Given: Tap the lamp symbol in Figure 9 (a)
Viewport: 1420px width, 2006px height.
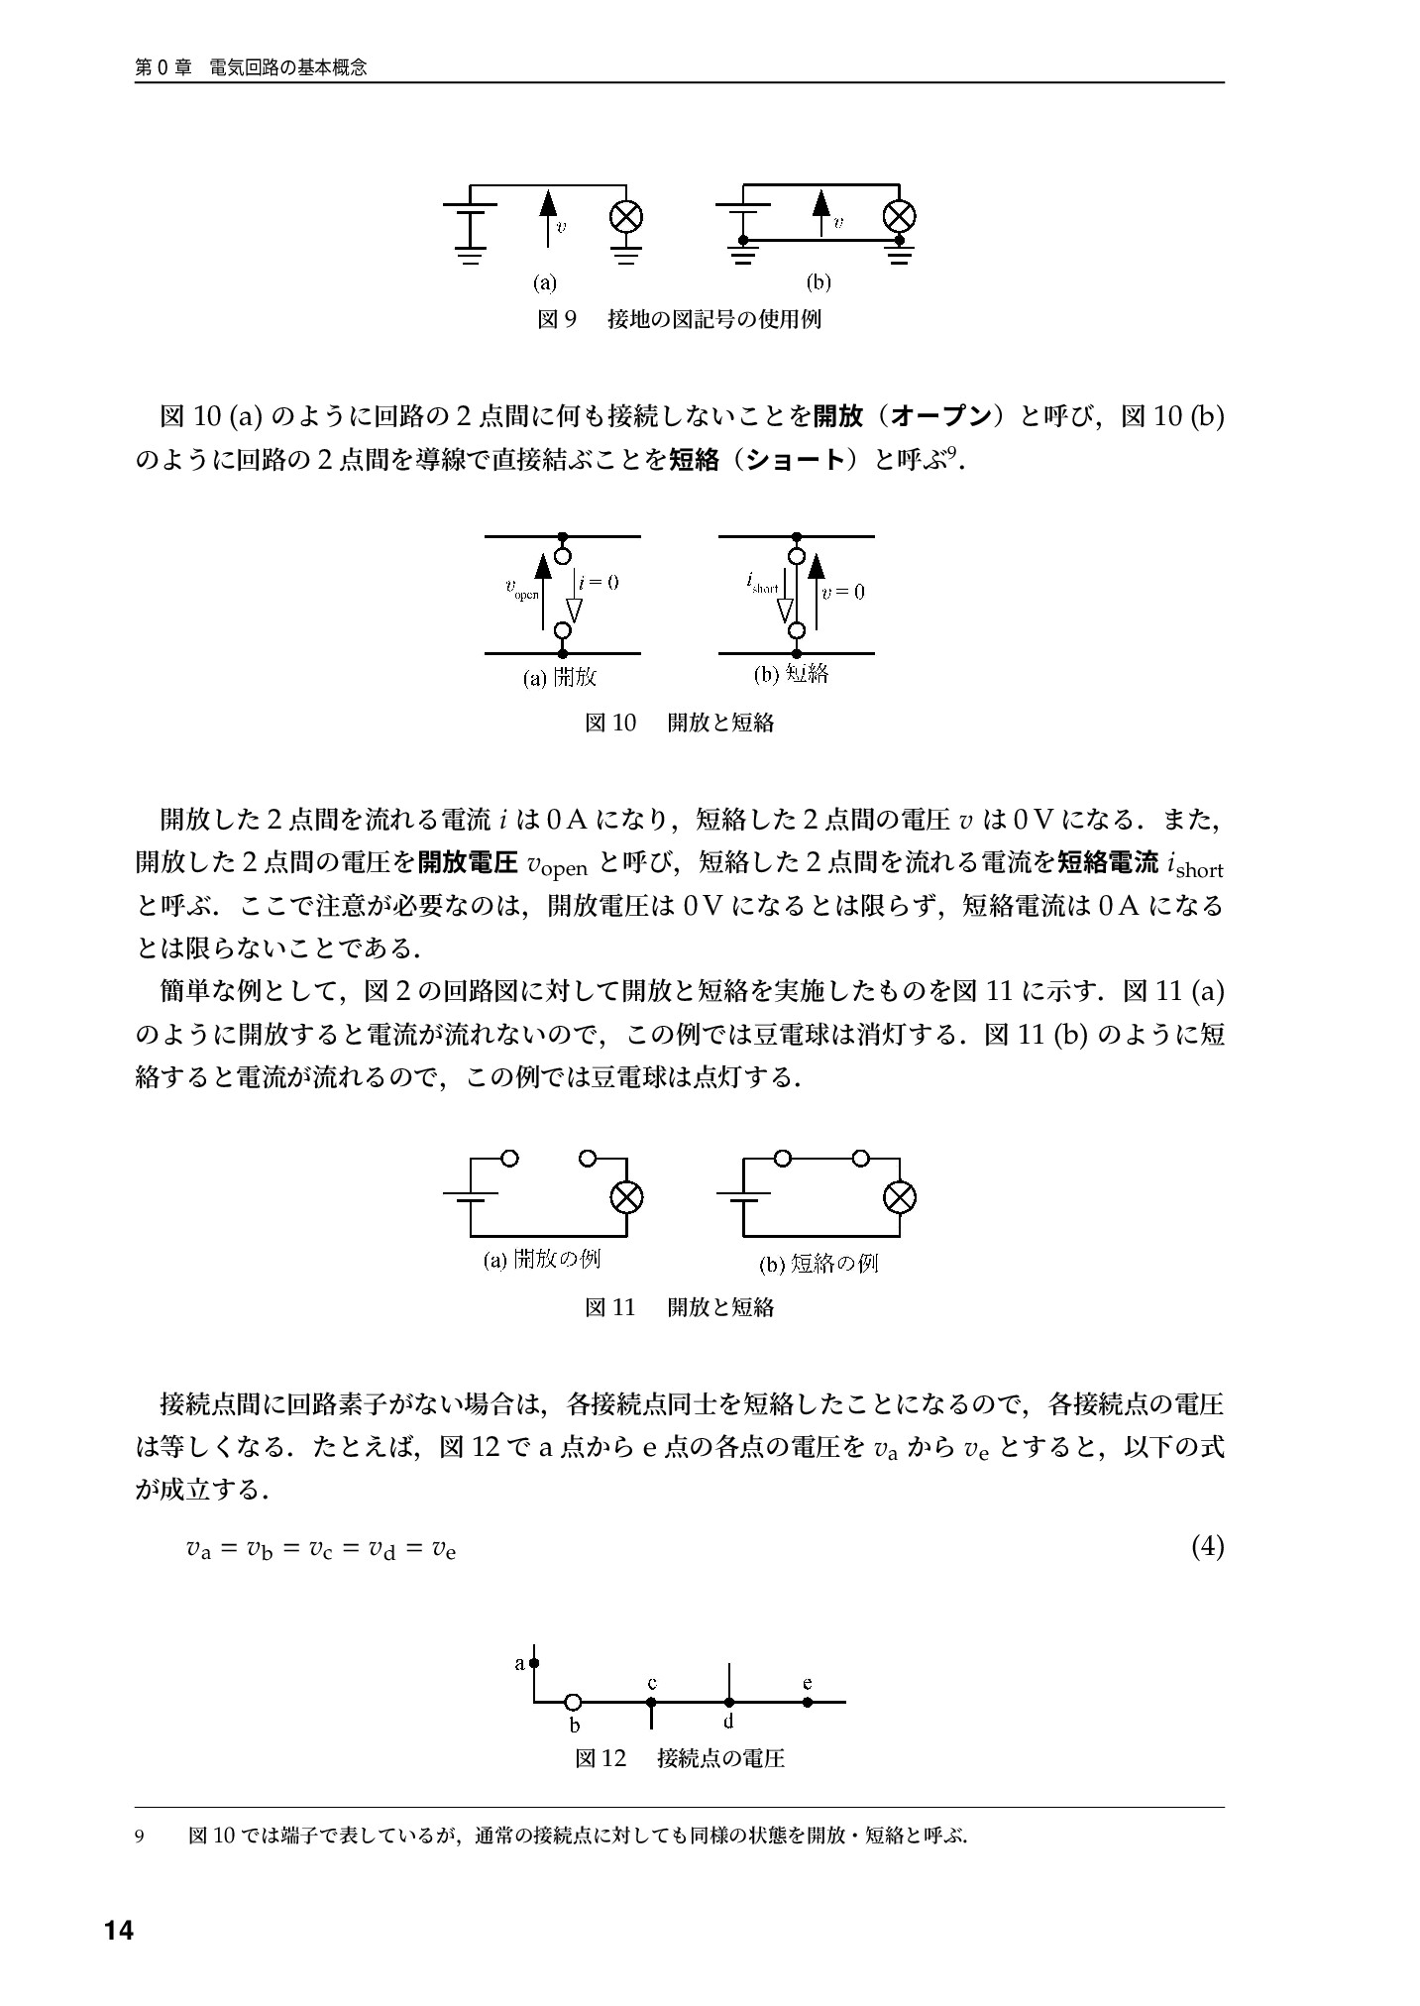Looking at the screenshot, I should pos(626,216).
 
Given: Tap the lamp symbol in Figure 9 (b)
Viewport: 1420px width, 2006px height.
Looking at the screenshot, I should pos(899,216).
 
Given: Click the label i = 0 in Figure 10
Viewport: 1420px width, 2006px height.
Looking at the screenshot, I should pos(599,583).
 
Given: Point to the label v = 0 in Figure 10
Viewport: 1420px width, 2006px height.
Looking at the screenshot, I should pos(844,592).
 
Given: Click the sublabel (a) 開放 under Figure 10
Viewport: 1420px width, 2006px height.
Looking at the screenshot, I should pos(560,677).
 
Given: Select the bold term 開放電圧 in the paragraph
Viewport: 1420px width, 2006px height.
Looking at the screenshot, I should pos(469,863).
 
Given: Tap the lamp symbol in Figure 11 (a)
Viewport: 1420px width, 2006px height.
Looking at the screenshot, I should pos(626,1197).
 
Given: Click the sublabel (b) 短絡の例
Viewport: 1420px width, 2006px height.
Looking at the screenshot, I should pos(819,1264).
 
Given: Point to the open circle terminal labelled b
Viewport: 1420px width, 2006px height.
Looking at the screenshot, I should pos(573,1703).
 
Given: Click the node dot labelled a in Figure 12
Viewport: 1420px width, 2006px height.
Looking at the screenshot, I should pos(534,1663).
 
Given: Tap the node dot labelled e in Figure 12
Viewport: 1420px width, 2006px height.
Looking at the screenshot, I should pos(808,1703).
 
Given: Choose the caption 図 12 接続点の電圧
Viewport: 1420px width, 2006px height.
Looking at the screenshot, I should pos(680,1758).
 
